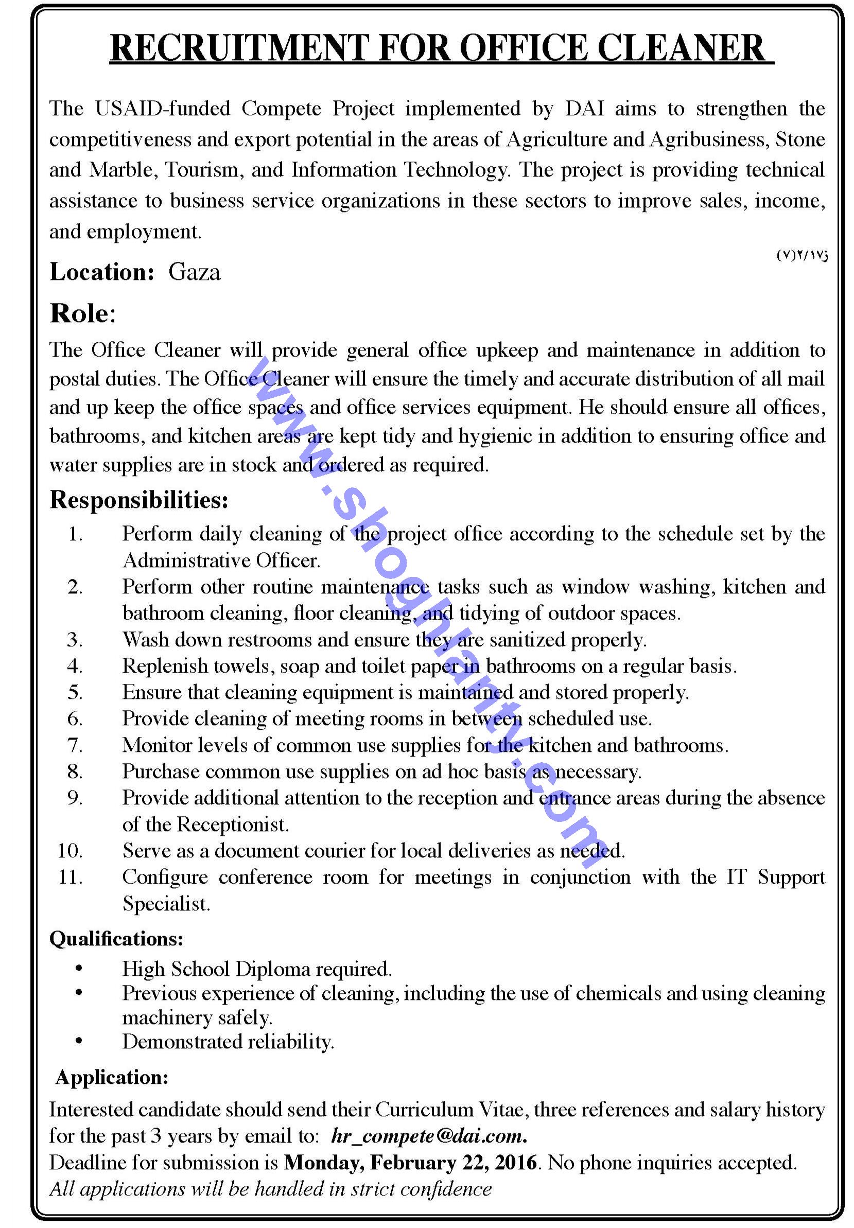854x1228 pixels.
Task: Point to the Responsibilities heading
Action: (139, 500)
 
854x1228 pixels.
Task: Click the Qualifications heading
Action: (117, 939)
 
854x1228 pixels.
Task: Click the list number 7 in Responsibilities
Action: (75, 745)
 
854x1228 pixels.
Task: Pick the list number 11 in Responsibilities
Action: (70, 877)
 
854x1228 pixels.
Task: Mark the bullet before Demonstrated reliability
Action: (79, 1041)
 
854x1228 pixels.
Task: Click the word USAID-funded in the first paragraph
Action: (163, 109)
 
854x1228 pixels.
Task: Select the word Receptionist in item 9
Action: (233, 824)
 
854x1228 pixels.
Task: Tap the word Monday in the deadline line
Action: (323, 1162)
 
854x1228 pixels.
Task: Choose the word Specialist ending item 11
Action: (166, 904)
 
